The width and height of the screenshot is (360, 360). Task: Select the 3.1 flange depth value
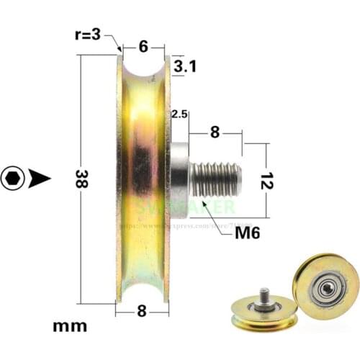coord(186,67)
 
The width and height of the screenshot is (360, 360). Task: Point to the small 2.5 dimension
coord(179,114)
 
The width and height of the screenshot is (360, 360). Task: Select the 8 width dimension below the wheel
coord(143,310)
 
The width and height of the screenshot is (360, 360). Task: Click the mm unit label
coord(70,325)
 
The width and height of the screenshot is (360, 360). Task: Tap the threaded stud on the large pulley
coord(216,179)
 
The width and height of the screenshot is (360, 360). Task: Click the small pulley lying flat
coord(264,311)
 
